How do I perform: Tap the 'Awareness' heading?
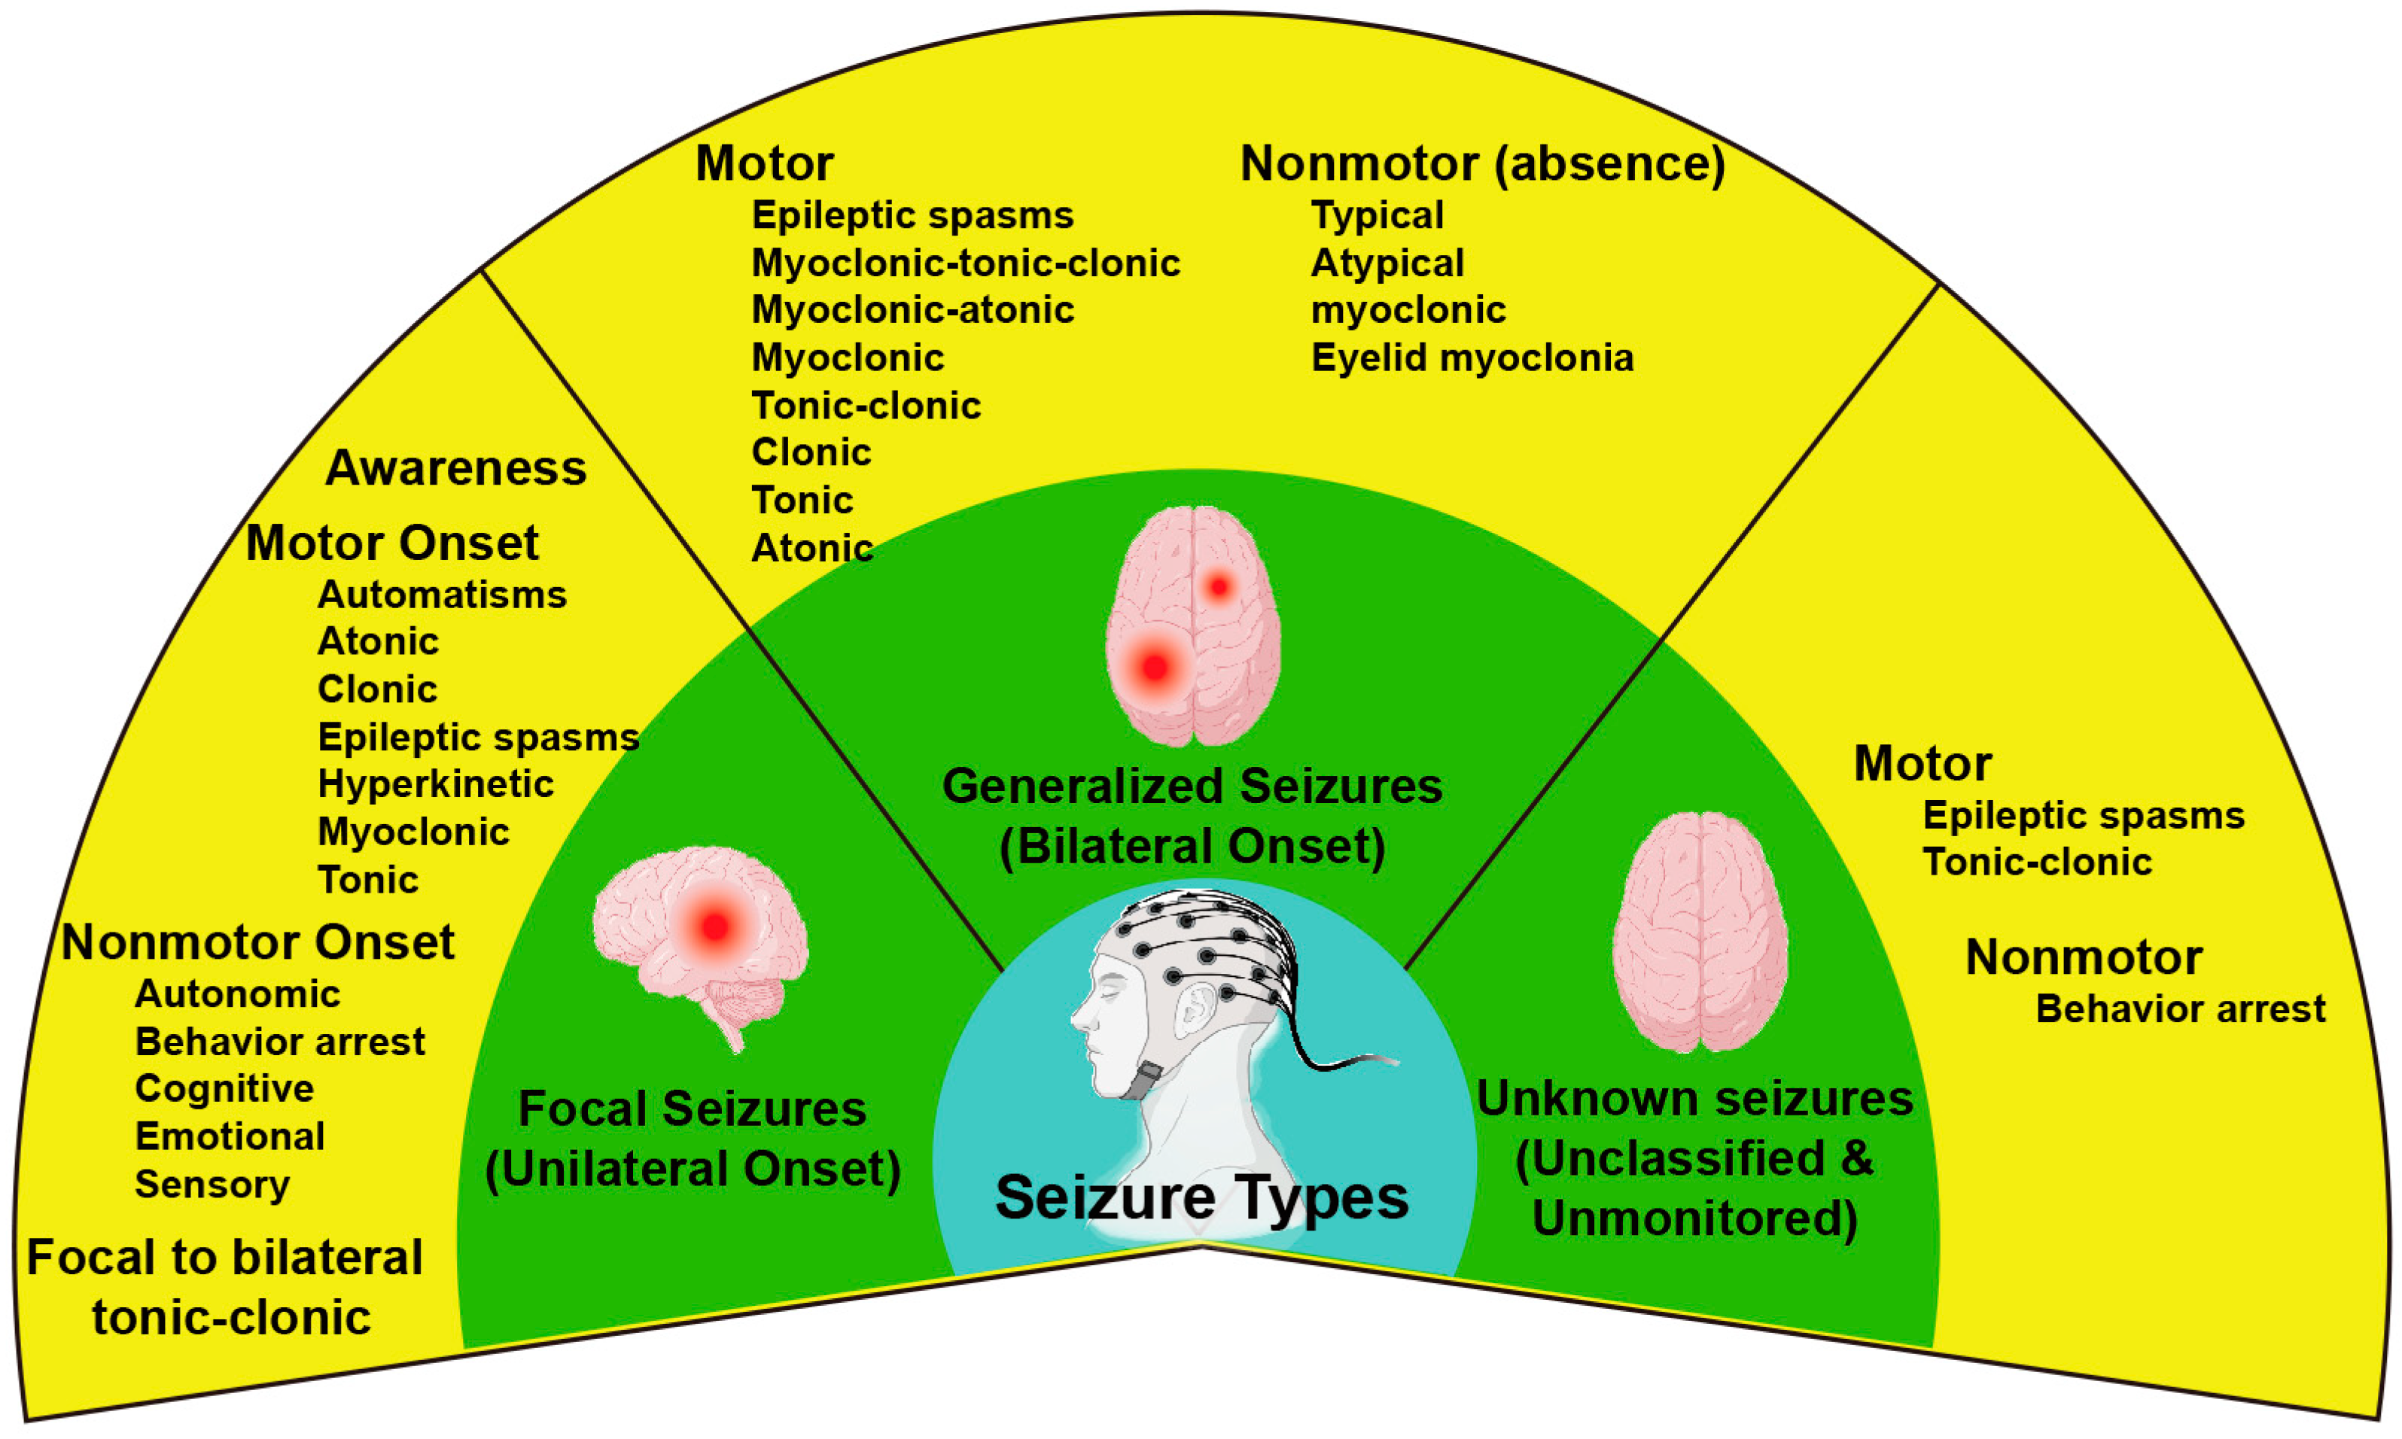pyautogui.click(x=455, y=468)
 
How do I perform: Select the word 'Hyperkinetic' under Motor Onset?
pyautogui.click(x=435, y=784)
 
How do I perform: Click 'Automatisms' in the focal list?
pyautogui.click(x=441, y=595)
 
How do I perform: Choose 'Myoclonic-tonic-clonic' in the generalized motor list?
pyautogui.click(x=966, y=263)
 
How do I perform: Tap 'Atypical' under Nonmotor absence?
pyautogui.click(x=1387, y=263)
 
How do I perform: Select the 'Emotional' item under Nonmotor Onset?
pyautogui.click(x=230, y=1136)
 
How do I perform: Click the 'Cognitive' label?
pyautogui.click(x=224, y=1089)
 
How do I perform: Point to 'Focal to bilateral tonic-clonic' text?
pyautogui.click(x=226, y=1288)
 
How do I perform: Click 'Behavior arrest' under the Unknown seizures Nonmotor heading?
pyautogui.click(x=2180, y=1009)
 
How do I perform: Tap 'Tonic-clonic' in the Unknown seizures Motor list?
pyautogui.click(x=2036, y=862)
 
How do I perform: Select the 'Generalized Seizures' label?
pyautogui.click(x=1192, y=786)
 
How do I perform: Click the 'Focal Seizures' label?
pyautogui.click(x=692, y=1109)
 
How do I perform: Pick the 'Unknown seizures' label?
pyautogui.click(x=1694, y=1100)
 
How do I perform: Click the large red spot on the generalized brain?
pyautogui.click(x=1154, y=667)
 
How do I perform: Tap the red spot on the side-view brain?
pyautogui.click(x=714, y=926)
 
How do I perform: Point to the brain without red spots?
pyautogui.click(x=1699, y=931)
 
